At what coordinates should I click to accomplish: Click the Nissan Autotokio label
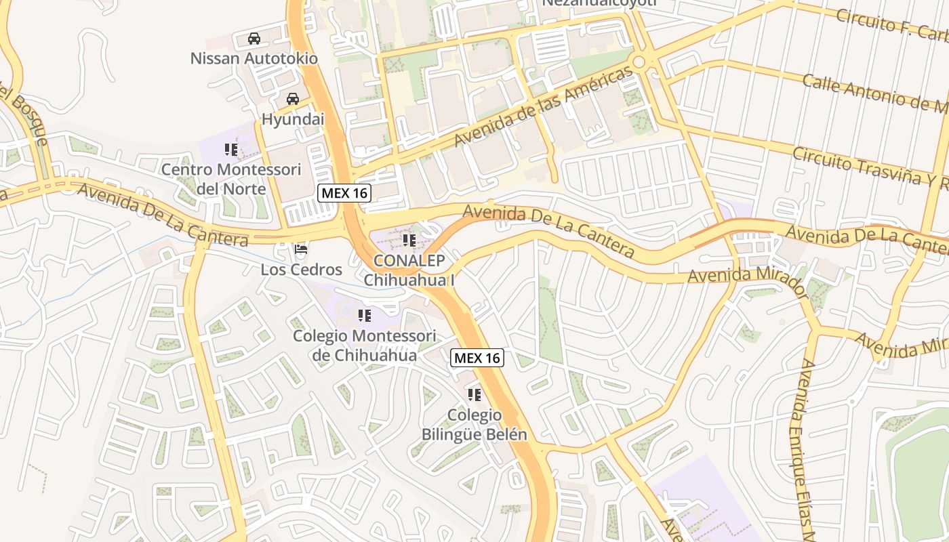click(254, 58)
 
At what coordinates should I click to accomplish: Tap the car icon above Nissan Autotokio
click(254, 39)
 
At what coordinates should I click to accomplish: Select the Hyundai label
click(293, 119)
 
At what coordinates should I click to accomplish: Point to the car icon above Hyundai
click(293, 99)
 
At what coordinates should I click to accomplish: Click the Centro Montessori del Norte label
click(231, 179)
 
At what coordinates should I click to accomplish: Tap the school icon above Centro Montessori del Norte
click(231, 150)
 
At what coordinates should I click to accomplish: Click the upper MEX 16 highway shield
click(344, 193)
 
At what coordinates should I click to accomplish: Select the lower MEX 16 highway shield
click(477, 358)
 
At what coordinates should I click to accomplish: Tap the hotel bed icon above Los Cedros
click(301, 250)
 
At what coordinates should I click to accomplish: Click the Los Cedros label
click(301, 270)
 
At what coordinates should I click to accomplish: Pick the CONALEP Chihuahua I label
click(409, 270)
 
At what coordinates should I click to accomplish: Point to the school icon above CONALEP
click(409, 240)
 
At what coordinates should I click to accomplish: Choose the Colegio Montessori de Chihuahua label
click(365, 346)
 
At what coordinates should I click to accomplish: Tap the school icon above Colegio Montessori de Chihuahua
click(365, 316)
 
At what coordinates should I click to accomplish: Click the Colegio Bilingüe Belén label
click(474, 425)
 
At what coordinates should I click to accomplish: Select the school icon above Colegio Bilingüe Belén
click(474, 395)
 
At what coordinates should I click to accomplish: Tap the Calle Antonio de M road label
click(874, 92)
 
